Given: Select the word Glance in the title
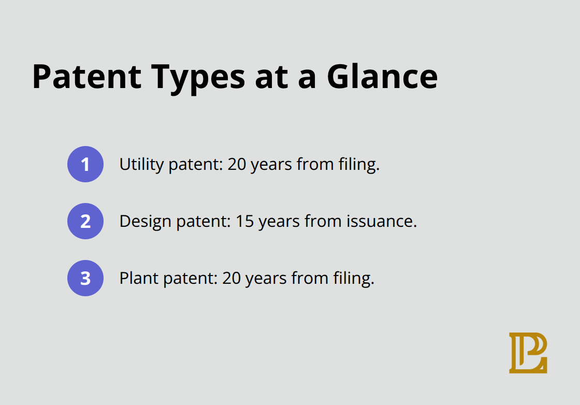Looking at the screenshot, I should (x=382, y=77).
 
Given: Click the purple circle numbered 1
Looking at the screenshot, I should (x=85, y=164).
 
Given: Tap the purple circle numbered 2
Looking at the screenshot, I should (x=85, y=221).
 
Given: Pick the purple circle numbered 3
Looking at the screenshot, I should (x=85, y=278).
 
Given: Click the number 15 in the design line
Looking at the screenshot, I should (x=245, y=222).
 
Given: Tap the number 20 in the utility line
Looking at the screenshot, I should (x=237, y=165).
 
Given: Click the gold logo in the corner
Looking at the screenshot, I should (x=528, y=353).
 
